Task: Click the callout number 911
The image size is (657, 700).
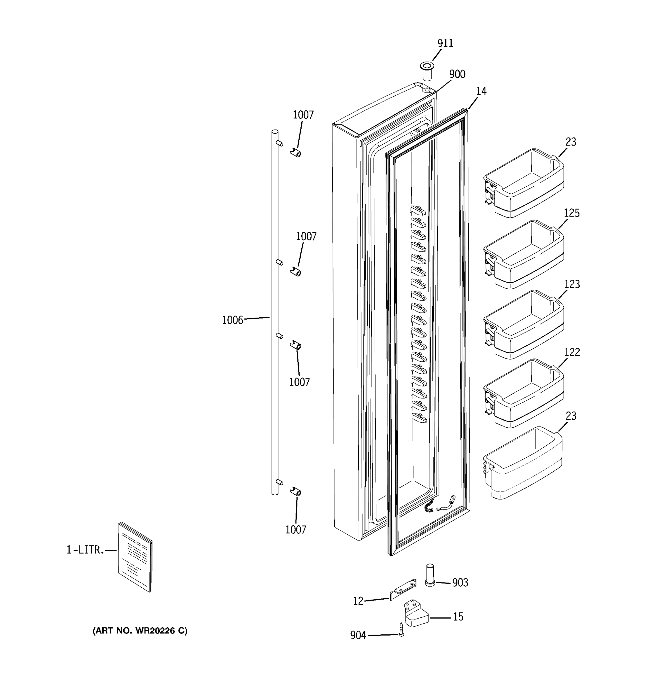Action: pyautogui.click(x=445, y=43)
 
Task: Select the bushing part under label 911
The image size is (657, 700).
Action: pyautogui.click(x=427, y=70)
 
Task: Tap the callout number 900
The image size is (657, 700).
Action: pyautogui.click(x=457, y=74)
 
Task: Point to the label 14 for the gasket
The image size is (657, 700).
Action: pyautogui.click(x=481, y=91)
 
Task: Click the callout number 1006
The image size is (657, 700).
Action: pyautogui.click(x=232, y=320)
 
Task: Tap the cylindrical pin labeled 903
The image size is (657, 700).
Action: pyautogui.click(x=430, y=575)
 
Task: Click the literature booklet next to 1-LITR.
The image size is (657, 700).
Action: pyautogui.click(x=135, y=557)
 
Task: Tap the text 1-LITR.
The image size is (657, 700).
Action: pyautogui.click(x=85, y=550)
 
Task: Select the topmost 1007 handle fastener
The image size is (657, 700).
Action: pyautogui.click(x=296, y=153)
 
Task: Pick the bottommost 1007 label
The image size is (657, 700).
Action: pyautogui.click(x=296, y=530)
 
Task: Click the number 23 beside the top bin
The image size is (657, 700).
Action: pyautogui.click(x=571, y=142)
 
